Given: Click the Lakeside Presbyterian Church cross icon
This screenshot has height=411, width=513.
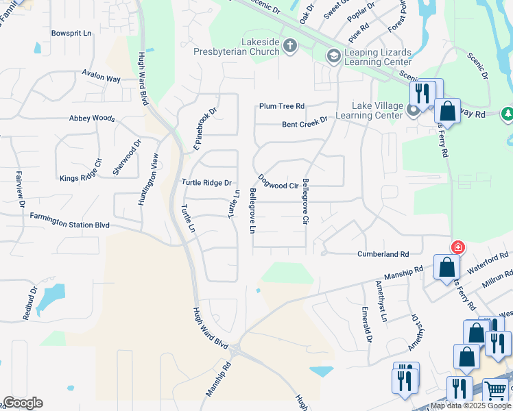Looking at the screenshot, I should (x=290, y=46).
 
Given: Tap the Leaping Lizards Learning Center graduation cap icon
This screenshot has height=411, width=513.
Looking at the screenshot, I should (x=334, y=55).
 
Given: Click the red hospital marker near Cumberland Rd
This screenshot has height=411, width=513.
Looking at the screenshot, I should (x=457, y=247).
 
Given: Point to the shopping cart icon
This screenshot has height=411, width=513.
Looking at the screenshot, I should (x=495, y=390).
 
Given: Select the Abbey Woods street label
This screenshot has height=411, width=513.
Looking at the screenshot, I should (x=92, y=118).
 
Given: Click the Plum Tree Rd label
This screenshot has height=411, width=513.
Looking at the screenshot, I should (x=281, y=106).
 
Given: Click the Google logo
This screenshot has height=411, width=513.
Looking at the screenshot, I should (x=23, y=403).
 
